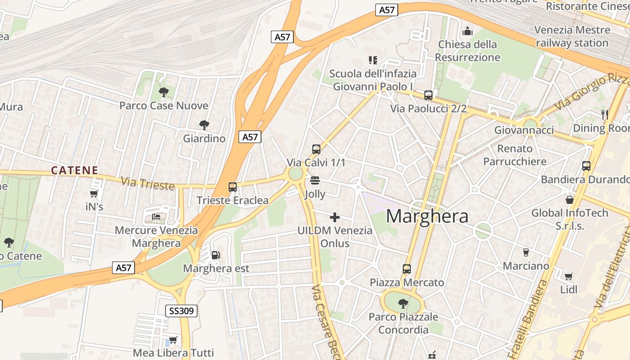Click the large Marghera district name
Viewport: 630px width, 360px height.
click(x=427, y=216)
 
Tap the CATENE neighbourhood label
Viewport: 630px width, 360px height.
click(x=75, y=170)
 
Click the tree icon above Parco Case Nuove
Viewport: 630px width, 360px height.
click(x=164, y=92)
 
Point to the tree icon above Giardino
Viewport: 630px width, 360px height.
click(x=204, y=125)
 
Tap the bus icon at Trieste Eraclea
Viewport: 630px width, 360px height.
click(x=233, y=187)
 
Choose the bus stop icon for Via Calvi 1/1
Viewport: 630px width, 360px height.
click(x=316, y=149)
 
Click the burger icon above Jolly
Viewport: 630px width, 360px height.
click(x=315, y=181)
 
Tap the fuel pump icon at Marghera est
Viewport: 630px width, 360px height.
click(x=216, y=255)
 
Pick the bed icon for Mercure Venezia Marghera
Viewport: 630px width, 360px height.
click(x=156, y=217)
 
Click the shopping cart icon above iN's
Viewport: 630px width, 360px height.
click(x=94, y=194)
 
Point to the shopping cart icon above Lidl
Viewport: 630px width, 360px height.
click(x=569, y=276)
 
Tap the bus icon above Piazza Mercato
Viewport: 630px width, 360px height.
click(x=407, y=269)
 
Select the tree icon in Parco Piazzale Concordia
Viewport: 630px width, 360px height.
click(x=403, y=304)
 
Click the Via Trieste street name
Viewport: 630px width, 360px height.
click(x=148, y=184)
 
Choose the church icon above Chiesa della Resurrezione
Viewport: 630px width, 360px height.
click(x=468, y=31)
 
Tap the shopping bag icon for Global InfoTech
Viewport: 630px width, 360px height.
click(x=570, y=200)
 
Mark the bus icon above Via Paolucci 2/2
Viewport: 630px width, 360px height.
click(x=428, y=95)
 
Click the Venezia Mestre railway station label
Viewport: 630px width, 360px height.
click(x=572, y=36)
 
